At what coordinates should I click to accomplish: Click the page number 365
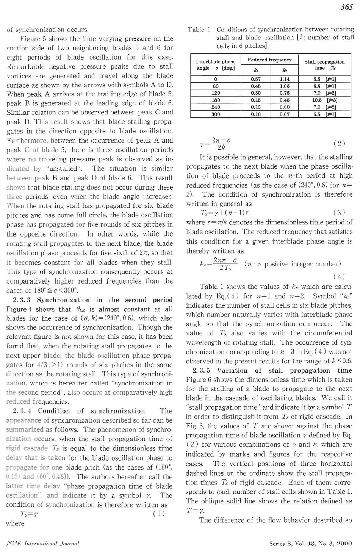(346, 7)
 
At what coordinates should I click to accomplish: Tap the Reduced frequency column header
(269, 60)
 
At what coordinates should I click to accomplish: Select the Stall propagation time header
(324, 64)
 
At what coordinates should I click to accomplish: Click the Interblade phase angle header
(215, 64)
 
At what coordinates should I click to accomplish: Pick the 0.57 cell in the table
(256, 79)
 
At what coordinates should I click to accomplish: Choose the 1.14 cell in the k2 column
(285, 79)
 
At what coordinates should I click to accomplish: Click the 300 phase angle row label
(216, 114)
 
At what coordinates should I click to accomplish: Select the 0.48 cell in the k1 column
(256, 86)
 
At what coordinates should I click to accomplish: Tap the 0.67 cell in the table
(285, 114)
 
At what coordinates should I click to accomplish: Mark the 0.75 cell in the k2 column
(285, 93)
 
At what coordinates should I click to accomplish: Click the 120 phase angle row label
(216, 93)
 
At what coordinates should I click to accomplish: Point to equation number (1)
(159, 514)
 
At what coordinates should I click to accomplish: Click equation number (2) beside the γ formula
(339, 143)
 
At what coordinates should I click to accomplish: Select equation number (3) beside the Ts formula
(339, 213)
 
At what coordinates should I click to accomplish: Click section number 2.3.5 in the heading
(201, 370)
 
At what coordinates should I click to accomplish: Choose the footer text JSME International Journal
(42, 543)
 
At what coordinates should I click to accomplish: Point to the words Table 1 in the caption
(199, 30)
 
